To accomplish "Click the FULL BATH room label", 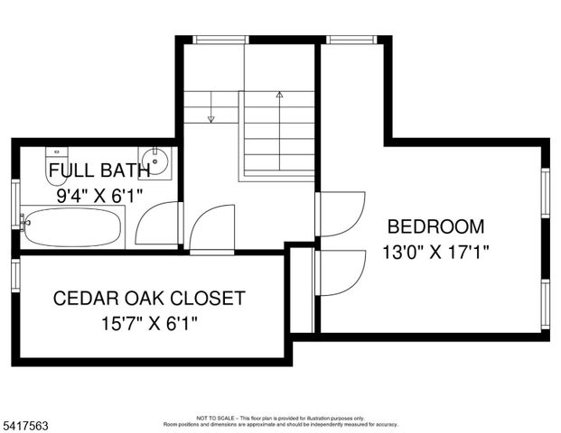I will [x=87, y=170].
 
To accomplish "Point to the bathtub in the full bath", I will [x=72, y=226].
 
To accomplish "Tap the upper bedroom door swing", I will [x=341, y=214].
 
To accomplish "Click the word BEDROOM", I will [x=435, y=226].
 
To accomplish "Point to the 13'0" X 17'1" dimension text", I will [x=435, y=253].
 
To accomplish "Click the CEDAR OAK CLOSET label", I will [x=149, y=298].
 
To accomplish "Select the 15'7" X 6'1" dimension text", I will [x=150, y=321].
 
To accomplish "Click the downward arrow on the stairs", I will [x=210, y=117].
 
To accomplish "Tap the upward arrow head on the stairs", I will [x=279, y=94].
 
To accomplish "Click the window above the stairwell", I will [x=220, y=39].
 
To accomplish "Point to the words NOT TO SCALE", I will [x=217, y=418].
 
